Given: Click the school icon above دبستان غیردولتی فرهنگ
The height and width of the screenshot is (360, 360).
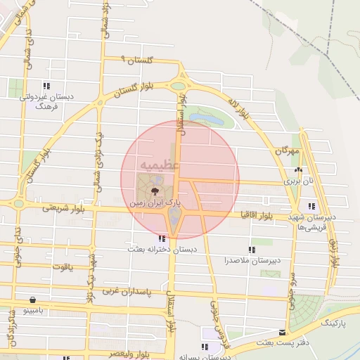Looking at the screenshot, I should (x=46, y=86).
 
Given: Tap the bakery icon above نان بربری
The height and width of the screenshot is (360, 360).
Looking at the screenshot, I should (x=299, y=169).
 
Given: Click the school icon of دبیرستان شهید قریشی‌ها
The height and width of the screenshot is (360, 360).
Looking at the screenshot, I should (x=311, y=205).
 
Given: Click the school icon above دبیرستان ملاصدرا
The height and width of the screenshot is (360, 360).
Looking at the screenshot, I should (x=252, y=249).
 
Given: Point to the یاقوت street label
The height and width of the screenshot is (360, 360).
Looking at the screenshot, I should (x=63, y=267).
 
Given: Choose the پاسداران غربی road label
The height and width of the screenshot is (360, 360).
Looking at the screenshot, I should (x=127, y=290).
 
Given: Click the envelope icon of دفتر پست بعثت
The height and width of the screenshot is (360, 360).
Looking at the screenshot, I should (x=282, y=331).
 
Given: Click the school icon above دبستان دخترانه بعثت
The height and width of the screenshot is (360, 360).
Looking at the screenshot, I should (x=162, y=238).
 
